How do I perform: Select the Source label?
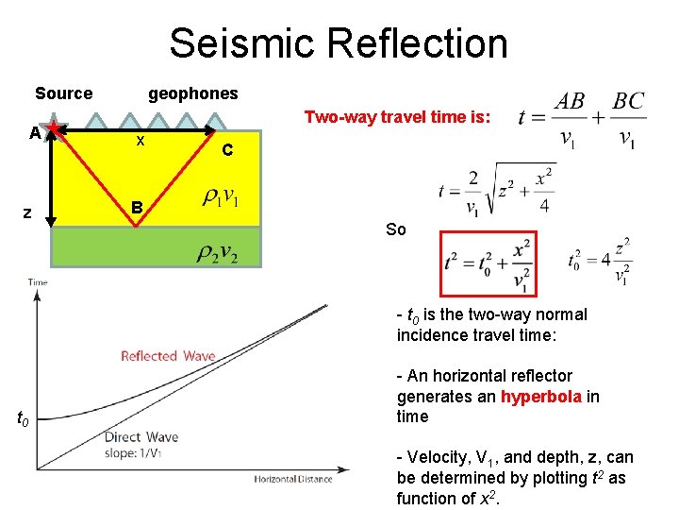(63, 93)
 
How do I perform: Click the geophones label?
(193, 93)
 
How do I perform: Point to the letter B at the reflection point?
(138, 207)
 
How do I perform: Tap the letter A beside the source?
(35, 133)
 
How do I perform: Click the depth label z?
(28, 213)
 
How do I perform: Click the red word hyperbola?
(540, 396)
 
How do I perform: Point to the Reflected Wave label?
(168, 356)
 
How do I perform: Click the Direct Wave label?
(141, 437)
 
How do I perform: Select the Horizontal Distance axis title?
(292, 479)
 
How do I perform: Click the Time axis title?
(38, 282)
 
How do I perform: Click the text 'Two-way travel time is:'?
(396, 117)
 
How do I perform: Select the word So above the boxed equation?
(396, 229)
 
